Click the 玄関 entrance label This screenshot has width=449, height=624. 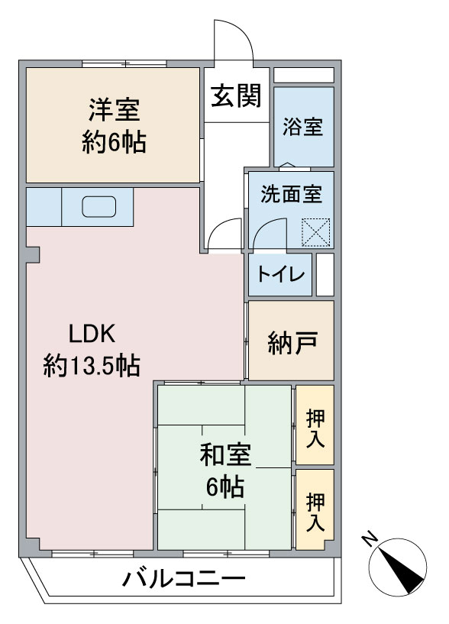pos(236,96)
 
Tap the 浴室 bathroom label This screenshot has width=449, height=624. pos(303,127)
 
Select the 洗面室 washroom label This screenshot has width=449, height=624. pos(292,194)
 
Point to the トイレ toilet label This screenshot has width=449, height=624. pos(281,274)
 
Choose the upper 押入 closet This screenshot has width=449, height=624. pos(315,425)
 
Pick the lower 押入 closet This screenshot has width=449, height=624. pos(315,509)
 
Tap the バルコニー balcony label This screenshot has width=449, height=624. pos(183,579)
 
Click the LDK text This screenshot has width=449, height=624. pos(92,334)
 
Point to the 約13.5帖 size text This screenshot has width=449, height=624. pos(92,365)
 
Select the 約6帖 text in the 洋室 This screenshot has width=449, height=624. pos(115,142)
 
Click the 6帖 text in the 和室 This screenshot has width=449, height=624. pos(225,487)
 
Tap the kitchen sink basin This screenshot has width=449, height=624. pos(99,207)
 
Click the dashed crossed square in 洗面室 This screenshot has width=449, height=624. pos(316,232)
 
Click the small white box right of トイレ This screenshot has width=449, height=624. pos(325,275)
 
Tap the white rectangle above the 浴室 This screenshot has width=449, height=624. pos(304,76)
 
